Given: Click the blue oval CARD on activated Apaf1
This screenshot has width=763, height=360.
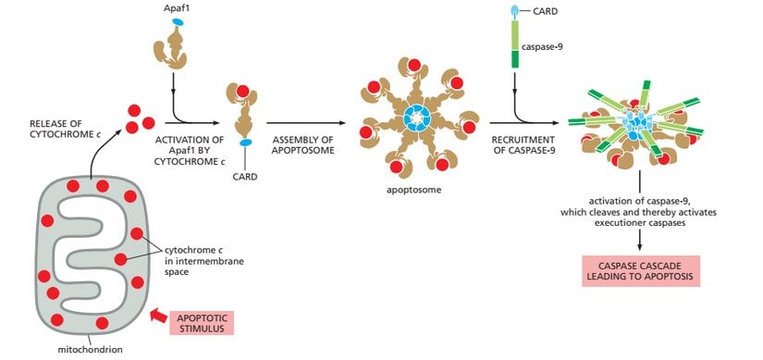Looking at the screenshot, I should click(x=246, y=143).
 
